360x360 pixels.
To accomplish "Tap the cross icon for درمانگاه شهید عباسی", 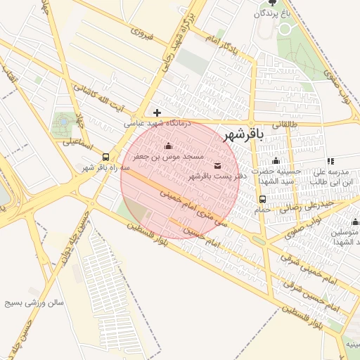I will [157, 112].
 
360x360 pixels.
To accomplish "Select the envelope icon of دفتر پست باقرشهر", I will [217, 166].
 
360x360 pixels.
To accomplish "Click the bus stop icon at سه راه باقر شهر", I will [105, 157].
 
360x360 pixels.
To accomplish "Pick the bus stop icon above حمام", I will [262, 199].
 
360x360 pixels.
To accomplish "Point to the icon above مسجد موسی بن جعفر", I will [167, 146].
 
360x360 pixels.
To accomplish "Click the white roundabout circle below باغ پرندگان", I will [285, 29].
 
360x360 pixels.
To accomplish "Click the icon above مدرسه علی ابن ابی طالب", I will [330, 161].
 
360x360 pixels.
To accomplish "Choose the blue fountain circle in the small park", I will [64, 121].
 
